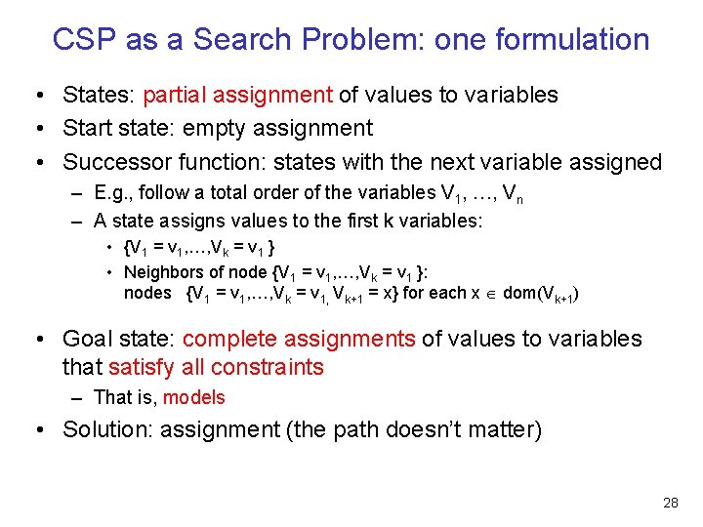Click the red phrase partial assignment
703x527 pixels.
click(x=238, y=95)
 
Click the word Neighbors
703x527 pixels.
click(x=161, y=271)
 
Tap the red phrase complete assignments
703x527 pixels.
click(x=299, y=339)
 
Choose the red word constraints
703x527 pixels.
click(x=265, y=367)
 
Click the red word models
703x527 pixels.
click(x=193, y=397)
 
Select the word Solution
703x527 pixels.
click(x=104, y=429)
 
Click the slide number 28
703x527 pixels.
click(x=670, y=504)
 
